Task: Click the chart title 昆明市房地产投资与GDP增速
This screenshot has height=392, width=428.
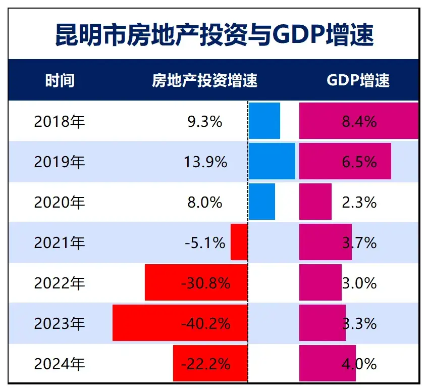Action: [x=214, y=34]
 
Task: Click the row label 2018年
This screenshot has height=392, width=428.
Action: [x=60, y=122]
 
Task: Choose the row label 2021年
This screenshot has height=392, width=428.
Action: [x=60, y=243]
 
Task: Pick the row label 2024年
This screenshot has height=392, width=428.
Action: [x=60, y=364]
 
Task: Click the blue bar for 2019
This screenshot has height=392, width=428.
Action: [x=272, y=161]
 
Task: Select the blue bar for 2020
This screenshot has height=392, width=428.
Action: [x=262, y=202]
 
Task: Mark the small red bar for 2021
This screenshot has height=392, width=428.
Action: [x=239, y=242]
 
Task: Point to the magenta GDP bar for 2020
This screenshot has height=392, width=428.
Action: [x=315, y=202]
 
